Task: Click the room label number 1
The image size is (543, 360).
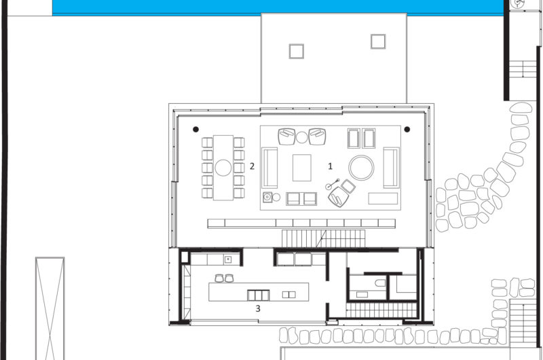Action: (x=330, y=166)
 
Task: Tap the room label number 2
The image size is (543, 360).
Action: (x=252, y=166)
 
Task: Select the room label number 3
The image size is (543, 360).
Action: (x=258, y=308)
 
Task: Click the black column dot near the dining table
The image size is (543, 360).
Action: (x=195, y=129)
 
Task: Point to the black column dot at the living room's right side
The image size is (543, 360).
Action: (x=407, y=129)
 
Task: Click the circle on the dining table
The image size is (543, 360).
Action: (x=223, y=168)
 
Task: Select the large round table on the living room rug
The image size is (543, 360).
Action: (x=361, y=168)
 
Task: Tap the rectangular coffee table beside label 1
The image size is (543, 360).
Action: (x=301, y=168)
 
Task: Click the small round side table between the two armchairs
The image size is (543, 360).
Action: (x=301, y=137)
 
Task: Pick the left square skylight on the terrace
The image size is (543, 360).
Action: (x=297, y=51)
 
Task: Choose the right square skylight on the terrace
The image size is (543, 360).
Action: (x=378, y=41)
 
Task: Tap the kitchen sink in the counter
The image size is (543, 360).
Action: (x=228, y=259)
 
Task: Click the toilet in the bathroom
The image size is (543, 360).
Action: (x=380, y=283)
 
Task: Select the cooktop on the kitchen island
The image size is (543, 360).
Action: (x=259, y=295)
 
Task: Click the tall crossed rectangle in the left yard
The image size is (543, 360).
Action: (x=50, y=308)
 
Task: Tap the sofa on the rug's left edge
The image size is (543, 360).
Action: (x=269, y=168)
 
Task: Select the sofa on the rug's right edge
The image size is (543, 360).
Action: (x=392, y=168)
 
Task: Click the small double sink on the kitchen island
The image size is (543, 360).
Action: (x=289, y=295)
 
